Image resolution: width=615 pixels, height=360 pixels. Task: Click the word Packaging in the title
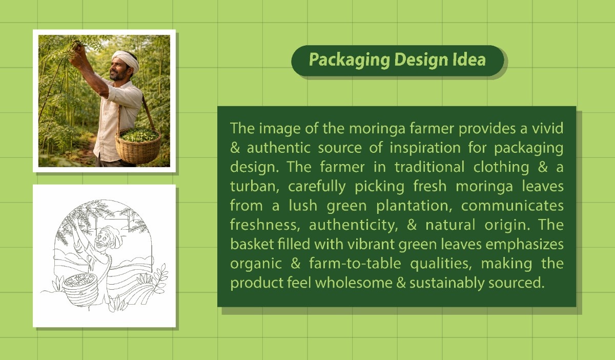coord(349,60)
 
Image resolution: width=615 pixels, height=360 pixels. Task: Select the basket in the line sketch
coord(80,289)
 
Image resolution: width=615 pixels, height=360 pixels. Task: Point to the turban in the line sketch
coord(114,235)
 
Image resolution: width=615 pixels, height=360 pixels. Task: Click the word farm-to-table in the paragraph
coord(355,263)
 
